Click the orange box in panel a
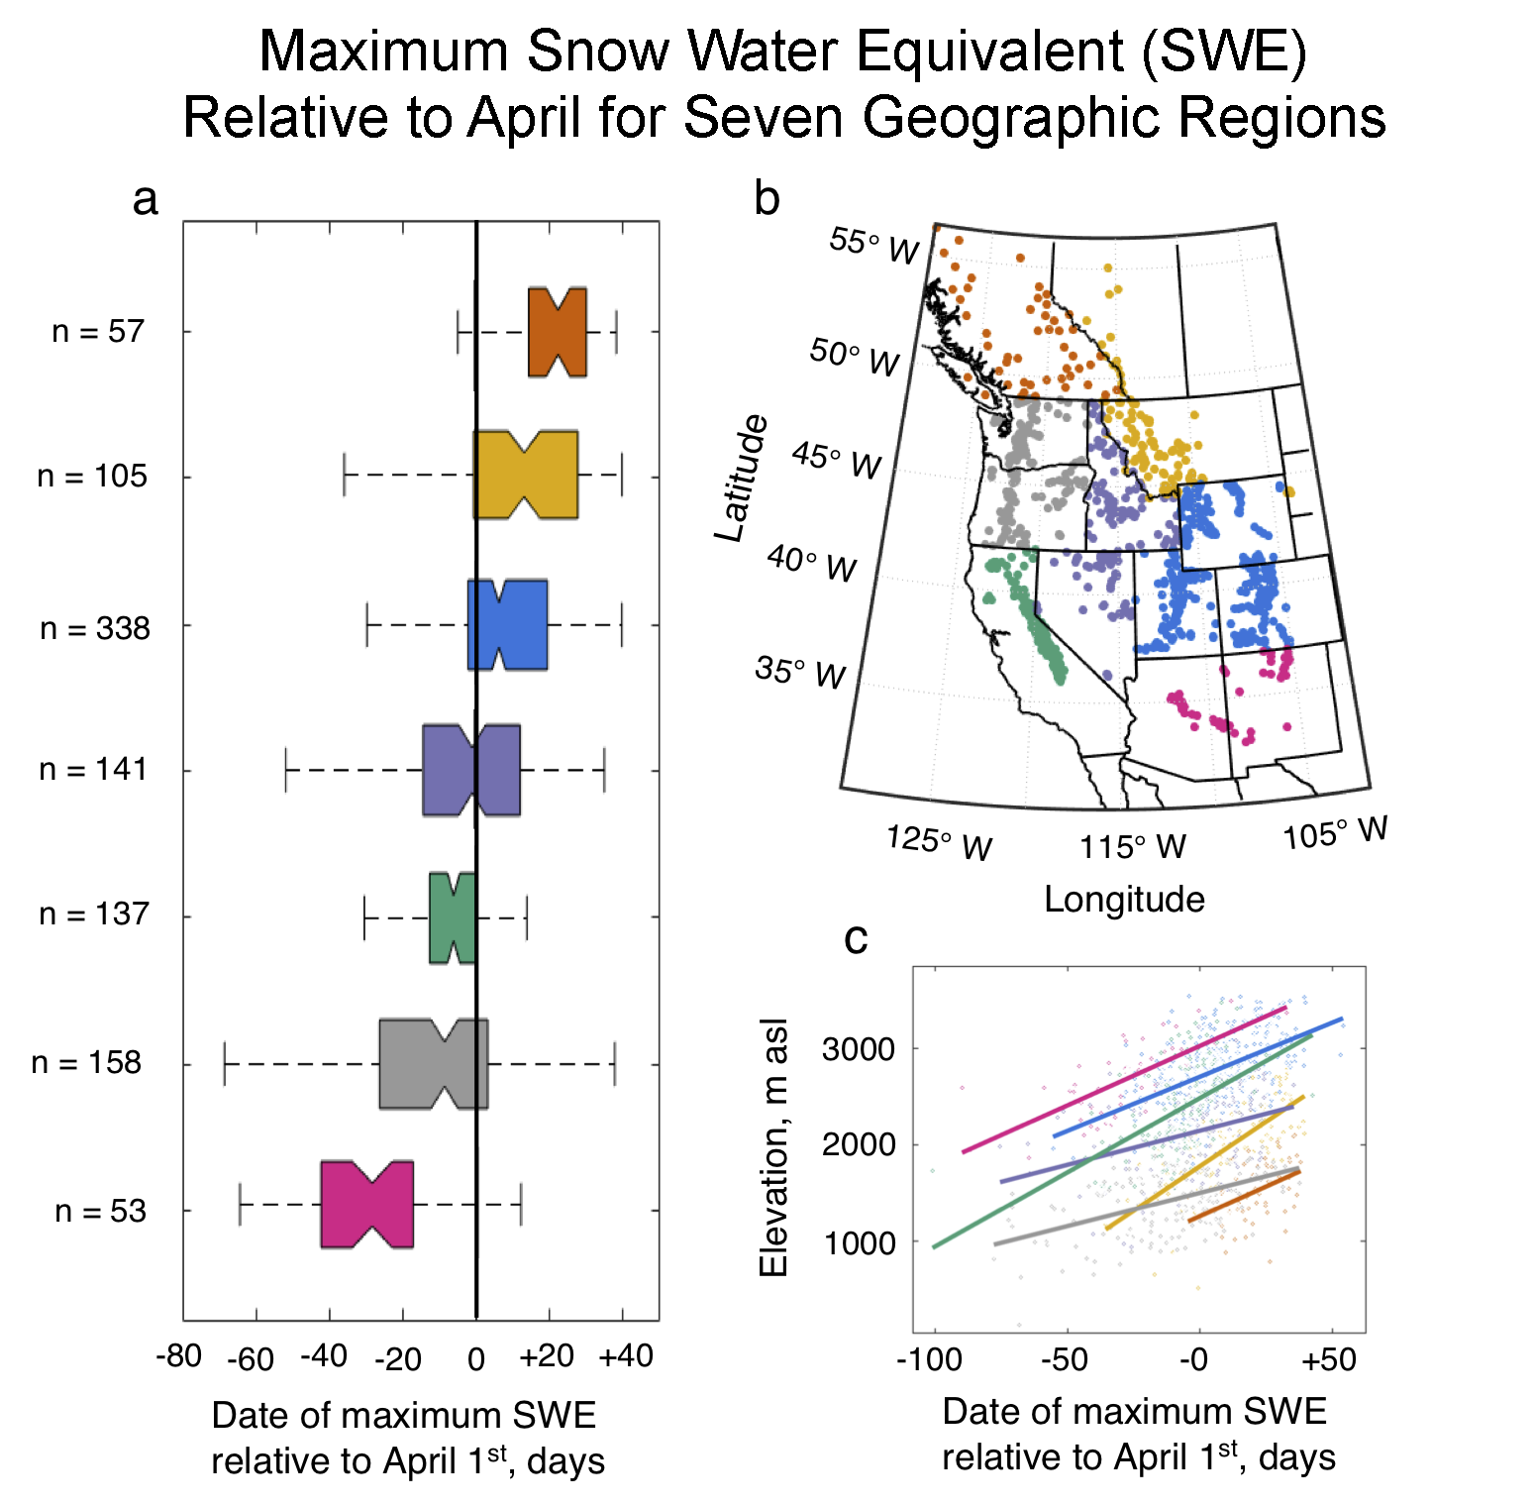click(x=557, y=332)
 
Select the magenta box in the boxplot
click(x=366, y=1204)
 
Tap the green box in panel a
click(x=453, y=917)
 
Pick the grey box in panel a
click(x=433, y=1063)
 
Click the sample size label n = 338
click(x=95, y=628)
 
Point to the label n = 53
click(x=100, y=1211)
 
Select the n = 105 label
click(x=92, y=477)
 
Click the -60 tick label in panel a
click(x=250, y=1358)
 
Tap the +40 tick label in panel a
click(x=626, y=1355)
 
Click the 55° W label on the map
click(x=874, y=245)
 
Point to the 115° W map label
click(x=1132, y=847)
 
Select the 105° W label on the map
click(x=1335, y=833)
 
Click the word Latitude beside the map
click(x=742, y=479)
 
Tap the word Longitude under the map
click(x=1124, y=900)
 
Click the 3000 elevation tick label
click(x=858, y=1048)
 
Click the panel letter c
click(x=856, y=938)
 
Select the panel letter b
click(x=767, y=198)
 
